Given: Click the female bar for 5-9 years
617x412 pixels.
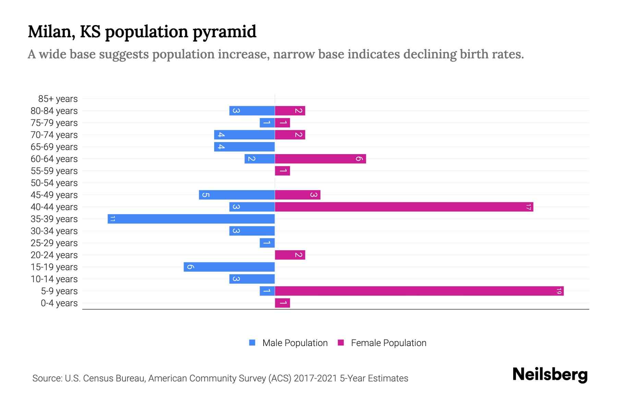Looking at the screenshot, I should tap(419, 291).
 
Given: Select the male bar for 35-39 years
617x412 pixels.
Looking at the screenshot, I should tap(191, 219).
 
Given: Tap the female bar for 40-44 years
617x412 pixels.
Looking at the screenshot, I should tap(404, 207).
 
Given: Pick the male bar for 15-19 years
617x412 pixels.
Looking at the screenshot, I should tap(229, 267).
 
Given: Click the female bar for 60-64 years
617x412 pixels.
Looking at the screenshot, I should tap(320, 159).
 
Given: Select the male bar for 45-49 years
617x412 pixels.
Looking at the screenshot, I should tap(237, 195).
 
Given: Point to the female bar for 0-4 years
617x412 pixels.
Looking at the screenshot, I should tap(282, 303).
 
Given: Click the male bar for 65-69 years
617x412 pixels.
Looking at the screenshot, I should tap(244, 147).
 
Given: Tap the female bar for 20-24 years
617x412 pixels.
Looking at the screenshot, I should tap(290, 255).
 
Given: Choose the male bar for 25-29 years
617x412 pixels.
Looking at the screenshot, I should tap(267, 243).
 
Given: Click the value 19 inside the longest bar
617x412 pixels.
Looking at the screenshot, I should tap(559, 291).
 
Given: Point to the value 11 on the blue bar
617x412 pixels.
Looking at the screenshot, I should tap(113, 219).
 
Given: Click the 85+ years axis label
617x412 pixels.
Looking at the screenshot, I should tap(58, 99).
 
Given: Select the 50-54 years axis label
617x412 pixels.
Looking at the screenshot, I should tap(54, 183).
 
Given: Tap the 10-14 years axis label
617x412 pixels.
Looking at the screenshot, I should tap(54, 279).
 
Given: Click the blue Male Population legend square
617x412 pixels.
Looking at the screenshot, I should tap(252, 343).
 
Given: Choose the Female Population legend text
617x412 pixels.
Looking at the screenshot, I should tap(388, 343).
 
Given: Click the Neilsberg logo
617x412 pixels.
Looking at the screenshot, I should tap(550, 375).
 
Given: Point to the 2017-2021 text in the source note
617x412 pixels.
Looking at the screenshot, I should tap(315, 378).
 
